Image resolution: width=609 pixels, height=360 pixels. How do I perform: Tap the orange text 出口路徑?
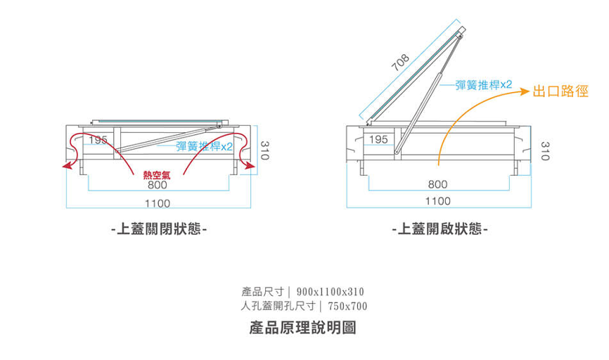[x=560, y=91]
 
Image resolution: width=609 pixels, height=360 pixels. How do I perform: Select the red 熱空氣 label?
[x=157, y=175]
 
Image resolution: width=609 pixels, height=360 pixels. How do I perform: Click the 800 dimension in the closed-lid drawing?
[x=158, y=186]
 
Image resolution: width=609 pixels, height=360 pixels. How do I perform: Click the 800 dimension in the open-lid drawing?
[x=437, y=184]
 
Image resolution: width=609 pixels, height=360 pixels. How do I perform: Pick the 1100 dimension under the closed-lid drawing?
[x=158, y=203]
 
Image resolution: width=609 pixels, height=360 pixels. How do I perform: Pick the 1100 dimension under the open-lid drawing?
[x=437, y=201]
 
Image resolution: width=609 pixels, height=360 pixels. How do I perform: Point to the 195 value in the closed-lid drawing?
[x=98, y=140]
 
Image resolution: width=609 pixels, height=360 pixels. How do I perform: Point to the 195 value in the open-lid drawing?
[x=378, y=140]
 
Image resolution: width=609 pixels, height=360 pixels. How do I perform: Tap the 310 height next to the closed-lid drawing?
[x=264, y=150]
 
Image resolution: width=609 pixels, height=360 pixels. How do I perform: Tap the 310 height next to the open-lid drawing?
[x=544, y=150]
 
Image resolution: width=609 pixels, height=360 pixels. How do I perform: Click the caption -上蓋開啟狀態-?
[x=440, y=230]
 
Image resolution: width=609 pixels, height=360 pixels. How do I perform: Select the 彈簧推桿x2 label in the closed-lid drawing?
[x=204, y=146]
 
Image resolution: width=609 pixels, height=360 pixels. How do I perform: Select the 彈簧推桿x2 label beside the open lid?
[x=484, y=85]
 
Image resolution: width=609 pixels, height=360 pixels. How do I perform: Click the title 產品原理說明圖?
[x=303, y=328]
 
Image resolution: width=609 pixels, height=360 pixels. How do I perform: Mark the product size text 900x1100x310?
[x=331, y=291]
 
